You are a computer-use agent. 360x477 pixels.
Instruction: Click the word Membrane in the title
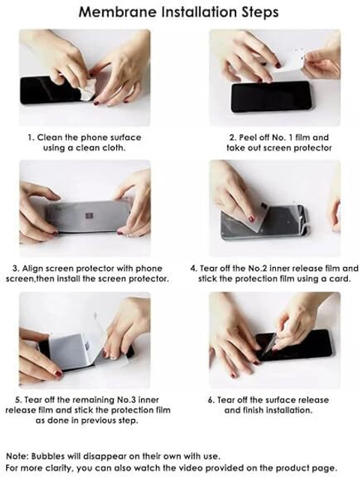(x=118, y=13)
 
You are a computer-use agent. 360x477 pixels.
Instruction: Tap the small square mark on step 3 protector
(x=91, y=216)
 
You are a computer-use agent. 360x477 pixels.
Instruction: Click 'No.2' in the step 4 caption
(x=257, y=268)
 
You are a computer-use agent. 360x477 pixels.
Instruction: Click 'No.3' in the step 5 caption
(x=126, y=400)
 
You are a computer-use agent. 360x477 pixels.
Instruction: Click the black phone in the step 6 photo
(x=294, y=345)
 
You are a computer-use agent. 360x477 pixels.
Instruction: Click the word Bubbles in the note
(x=48, y=456)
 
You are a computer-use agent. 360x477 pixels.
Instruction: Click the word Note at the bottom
(x=17, y=456)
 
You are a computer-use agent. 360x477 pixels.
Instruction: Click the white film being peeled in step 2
(x=289, y=62)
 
